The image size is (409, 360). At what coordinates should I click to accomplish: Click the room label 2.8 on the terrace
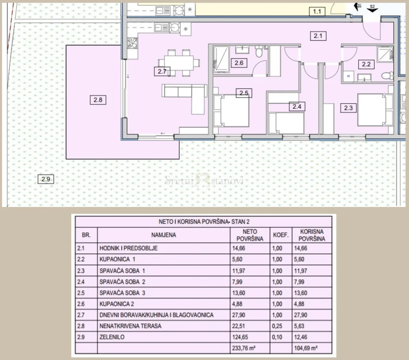[98, 100]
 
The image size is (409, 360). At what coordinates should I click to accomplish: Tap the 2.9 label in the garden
[46, 179]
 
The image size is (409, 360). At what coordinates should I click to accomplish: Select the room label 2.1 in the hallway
[318, 36]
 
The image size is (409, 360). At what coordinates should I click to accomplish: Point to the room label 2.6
[239, 63]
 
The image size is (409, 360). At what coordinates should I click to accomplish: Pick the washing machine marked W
[348, 76]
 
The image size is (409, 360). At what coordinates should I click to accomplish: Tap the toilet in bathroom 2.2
[387, 76]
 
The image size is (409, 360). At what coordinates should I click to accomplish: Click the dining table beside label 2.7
[179, 63]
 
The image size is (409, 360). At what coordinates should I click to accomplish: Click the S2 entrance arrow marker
[372, 8]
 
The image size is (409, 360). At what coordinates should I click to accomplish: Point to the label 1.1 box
[317, 11]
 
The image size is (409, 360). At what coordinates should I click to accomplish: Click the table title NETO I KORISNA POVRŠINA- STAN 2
[204, 222]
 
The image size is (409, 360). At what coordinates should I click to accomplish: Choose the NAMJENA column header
[164, 235]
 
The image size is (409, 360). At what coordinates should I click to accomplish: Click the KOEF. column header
[281, 235]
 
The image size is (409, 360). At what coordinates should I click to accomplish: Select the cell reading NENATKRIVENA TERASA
[130, 326]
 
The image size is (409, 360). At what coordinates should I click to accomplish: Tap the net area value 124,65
[240, 337]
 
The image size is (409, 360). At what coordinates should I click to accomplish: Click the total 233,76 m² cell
[244, 348]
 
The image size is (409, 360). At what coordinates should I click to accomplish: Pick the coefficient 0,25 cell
[277, 326]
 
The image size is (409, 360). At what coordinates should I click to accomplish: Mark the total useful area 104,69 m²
[306, 348]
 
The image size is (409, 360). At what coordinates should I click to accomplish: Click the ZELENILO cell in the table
[112, 337]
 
